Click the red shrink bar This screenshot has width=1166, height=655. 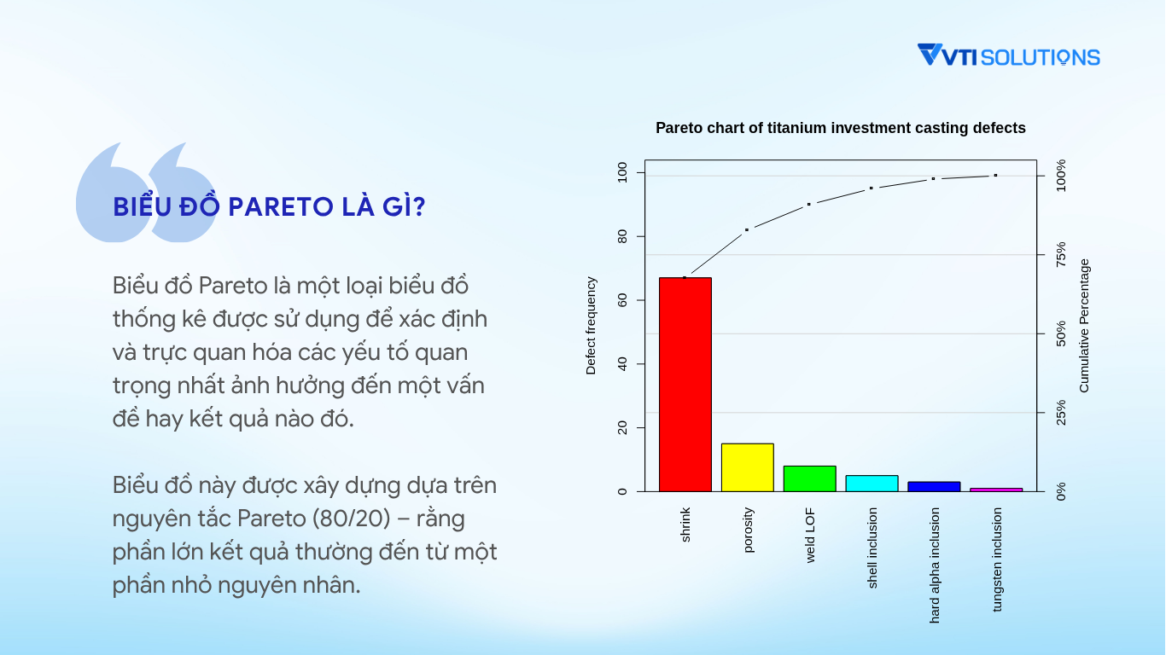(x=685, y=385)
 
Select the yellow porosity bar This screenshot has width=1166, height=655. (x=748, y=467)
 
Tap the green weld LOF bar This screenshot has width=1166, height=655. (x=809, y=478)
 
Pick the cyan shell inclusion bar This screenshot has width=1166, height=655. (x=872, y=484)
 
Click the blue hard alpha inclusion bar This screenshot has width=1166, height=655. (x=934, y=486)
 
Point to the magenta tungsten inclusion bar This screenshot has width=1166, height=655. (x=996, y=490)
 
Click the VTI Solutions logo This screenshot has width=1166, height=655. (x=1009, y=55)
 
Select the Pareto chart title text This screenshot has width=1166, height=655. (x=840, y=128)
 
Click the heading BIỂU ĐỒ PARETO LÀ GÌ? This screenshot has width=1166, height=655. (x=269, y=206)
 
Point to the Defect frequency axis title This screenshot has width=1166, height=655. (x=591, y=326)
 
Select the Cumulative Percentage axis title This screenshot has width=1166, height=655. (x=1084, y=326)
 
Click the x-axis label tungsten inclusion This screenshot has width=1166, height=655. (x=997, y=559)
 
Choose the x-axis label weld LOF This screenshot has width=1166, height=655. (x=810, y=536)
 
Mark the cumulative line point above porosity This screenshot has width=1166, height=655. (x=747, y=229)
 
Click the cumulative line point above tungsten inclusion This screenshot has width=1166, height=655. (x=996, y=176)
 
